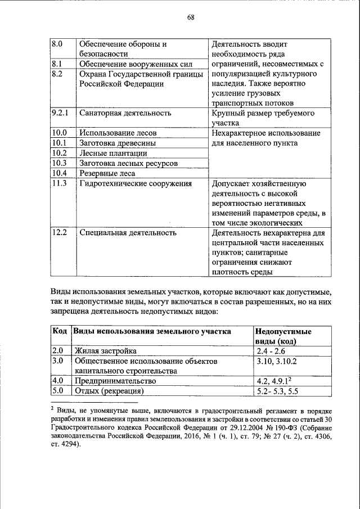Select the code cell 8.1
coord(56,64)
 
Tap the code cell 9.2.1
coord(60,113)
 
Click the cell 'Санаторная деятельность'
coord(125,113)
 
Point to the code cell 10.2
coord(59,153)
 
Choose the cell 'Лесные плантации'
coord(111,153)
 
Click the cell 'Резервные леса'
coord(107,173)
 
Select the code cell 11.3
coord(59,183)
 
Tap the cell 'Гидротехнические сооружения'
coord(136,183)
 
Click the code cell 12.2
coord(59,232)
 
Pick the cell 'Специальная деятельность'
coord(128,232)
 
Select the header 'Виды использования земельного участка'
coord(152,331)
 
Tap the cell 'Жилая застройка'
coord(105,351)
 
